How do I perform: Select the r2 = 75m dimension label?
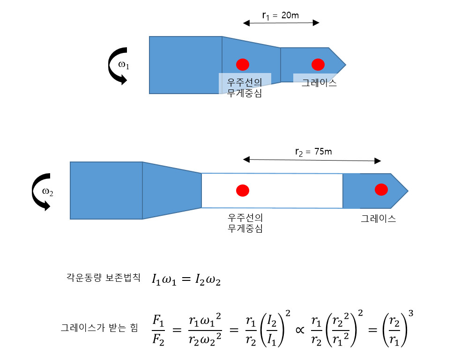[313, 151]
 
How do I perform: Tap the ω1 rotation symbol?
[124, 65]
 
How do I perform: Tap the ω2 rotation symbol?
[47, 191]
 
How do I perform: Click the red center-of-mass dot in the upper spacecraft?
[242, 64]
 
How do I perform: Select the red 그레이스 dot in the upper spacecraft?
[318, 64]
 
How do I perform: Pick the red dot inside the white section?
[242, 190]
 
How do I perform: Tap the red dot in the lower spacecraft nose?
[381, 190]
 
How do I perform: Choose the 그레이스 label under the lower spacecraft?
[378, 218]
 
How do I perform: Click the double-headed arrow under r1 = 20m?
[281, 22]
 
